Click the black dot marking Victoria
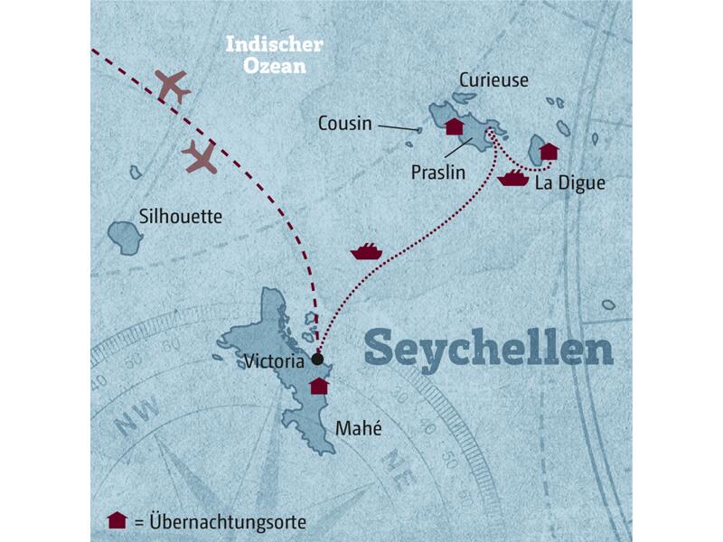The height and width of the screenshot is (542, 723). point(317,360)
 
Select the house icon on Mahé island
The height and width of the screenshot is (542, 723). point(318,387)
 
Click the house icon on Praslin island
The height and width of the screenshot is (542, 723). point(455,126)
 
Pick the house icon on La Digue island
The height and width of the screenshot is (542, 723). point(549,151)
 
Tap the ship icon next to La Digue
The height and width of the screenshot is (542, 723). point(512,178)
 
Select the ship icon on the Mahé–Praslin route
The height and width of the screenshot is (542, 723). point(366,251)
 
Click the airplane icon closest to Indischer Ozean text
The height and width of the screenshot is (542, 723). point(174,85)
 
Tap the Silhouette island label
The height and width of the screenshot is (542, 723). point(181,217)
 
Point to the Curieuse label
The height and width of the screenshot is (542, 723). point(492,79)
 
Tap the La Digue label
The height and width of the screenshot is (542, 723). point(569,183)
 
